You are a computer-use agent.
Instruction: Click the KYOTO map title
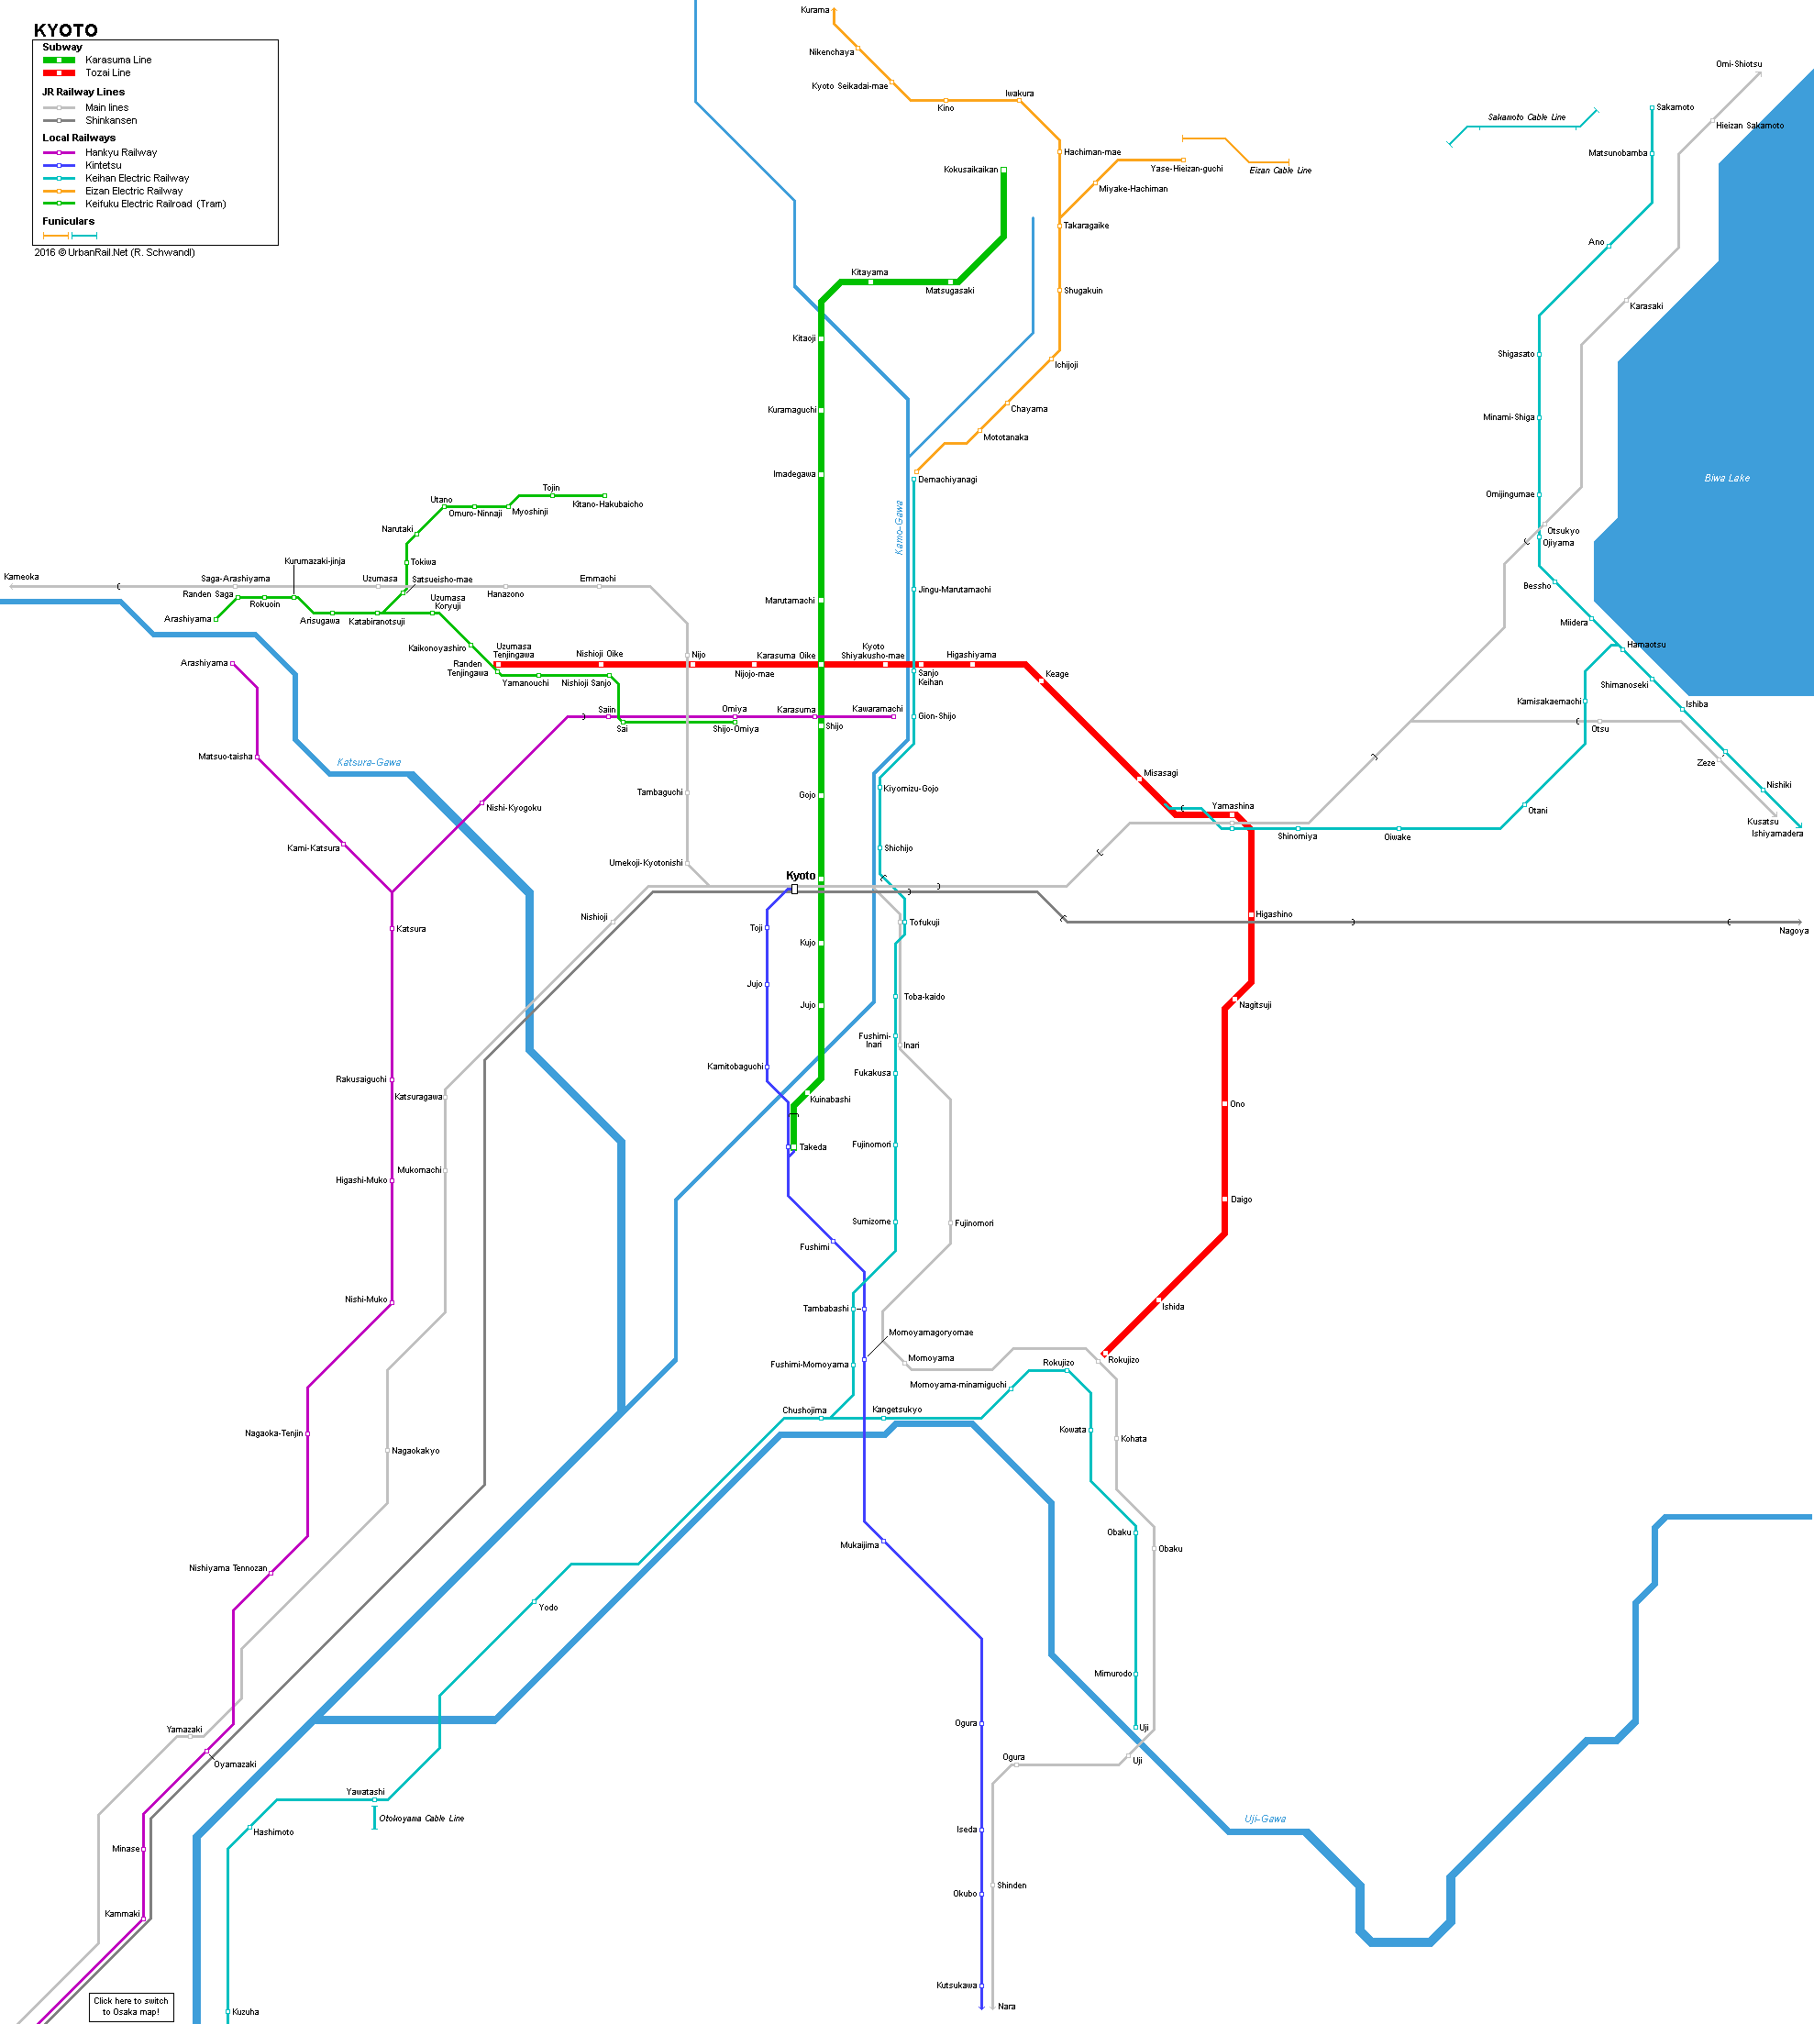66,30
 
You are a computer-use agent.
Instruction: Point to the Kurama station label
814,10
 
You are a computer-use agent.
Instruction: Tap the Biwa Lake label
1726,479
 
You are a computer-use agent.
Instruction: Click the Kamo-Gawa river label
899,527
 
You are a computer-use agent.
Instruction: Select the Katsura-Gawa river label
369,762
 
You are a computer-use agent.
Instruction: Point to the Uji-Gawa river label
1265,1819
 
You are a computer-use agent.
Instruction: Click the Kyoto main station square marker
794,889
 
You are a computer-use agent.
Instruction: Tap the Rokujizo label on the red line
1123,1359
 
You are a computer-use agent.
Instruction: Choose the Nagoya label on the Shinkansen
1794,931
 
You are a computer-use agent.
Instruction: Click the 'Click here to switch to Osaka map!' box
130,2006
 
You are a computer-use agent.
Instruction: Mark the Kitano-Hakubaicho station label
607,504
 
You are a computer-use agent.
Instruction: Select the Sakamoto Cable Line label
1526,117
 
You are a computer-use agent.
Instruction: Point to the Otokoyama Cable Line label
422,1819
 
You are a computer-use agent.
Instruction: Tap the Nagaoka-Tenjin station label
274,1433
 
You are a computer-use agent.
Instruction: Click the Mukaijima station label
859,1544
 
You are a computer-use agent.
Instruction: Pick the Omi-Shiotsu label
1738,64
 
